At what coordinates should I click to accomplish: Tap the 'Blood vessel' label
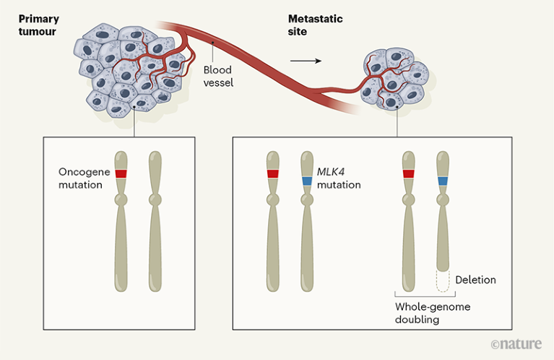click(x=218, y=77)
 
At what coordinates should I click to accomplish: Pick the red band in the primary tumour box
click(x=121, y=174)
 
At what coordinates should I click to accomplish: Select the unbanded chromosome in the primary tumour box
click(x=155, y=221)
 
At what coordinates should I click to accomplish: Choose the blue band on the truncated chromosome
click(x=443, y=180)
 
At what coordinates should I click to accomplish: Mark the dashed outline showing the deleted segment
click(x=443, y=281)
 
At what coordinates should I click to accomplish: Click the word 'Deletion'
click(x=475, y=279)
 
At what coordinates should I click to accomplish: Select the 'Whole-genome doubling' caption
click(x=433, y=313)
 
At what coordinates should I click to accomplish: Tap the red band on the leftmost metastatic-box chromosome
click(x=272, y=174)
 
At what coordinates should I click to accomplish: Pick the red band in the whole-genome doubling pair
click(x=409, y=174)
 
